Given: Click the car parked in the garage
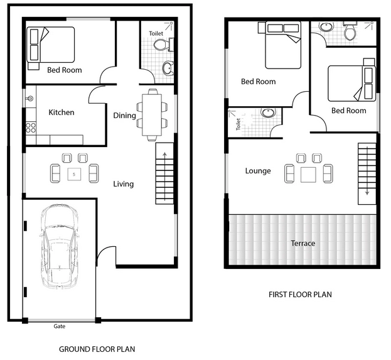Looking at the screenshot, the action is tap(60, 246).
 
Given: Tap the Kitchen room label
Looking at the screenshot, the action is tap(62, 112).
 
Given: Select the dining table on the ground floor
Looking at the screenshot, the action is tap(152, 115).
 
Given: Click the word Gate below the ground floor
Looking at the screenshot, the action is tap(60, 326).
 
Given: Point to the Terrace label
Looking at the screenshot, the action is tap(303, 243).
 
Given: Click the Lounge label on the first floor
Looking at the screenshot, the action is tap(258, 171).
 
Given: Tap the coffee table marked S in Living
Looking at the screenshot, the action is tap(74, 174).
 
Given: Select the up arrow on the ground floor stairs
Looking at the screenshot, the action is tap(164, 177).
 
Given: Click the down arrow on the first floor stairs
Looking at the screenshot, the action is tap(367, 171).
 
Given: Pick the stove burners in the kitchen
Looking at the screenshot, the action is tap(31, 128).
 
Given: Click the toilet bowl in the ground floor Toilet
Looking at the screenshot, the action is tap(160, 45).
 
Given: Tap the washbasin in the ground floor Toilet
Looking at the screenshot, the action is tap(168, 68).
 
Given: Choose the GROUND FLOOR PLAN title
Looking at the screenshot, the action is tap(97, 349).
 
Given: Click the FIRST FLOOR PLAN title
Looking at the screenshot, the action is tap(300, 295).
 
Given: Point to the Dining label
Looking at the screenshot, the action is tap(124, 116).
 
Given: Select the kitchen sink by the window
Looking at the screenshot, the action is tap(30, 99).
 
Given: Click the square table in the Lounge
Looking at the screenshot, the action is tap(308, 175).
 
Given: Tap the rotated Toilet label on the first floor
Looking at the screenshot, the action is tap(238, 124).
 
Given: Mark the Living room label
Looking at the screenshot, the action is tap(124, 184).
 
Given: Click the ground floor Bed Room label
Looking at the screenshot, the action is tap(65, 70).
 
